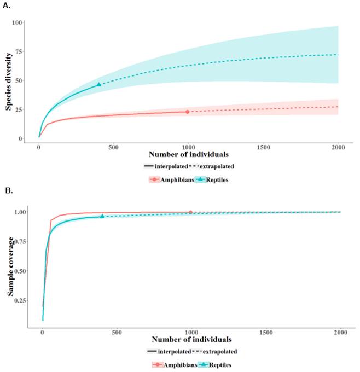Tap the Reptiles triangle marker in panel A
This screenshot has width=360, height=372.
[x=99, y=84]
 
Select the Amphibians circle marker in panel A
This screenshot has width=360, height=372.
[x=187, y=112]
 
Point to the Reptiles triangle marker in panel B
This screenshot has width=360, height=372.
[x=102, y=216]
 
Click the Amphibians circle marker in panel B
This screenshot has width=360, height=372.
[x=190, y=212]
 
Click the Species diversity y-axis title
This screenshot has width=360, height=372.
[x=9, y=81]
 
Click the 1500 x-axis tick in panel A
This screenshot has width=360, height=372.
[x=263, y=148]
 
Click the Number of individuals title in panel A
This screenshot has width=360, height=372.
[x=189, y=155]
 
